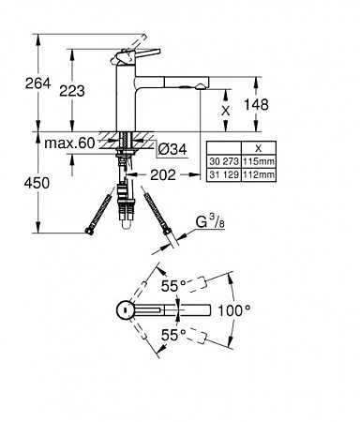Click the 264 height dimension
click(x=37, y=83)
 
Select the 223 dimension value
click(x=72, y=91)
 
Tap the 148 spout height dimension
click(x=256, y=104)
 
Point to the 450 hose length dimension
click(x=37, y=183)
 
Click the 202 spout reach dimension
click(x=163, y=175)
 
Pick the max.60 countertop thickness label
click(x=69, y=143)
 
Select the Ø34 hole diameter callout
click(x=172, y=149)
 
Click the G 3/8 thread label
click(x=210, y=222)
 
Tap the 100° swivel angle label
click(x=234, y=310)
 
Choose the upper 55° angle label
click(x=173, y=286)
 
